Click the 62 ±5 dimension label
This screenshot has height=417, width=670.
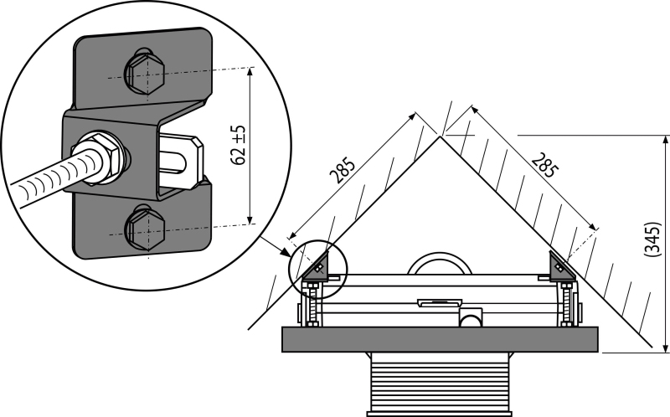(239, 145)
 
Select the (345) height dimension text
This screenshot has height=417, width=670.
(652, 239)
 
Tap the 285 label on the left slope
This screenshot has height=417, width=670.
(343, 170)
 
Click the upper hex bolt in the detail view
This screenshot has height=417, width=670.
(145, 74)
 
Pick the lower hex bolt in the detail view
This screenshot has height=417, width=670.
(145, 228)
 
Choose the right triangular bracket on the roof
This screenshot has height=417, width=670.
(562, 269)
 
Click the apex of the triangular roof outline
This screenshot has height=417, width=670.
(439, 136)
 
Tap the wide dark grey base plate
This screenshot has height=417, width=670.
(440, 340)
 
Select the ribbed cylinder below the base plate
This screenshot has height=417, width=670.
(440, 384)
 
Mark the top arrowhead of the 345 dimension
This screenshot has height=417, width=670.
(665, 141)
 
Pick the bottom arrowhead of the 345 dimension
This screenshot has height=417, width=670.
(665, 347)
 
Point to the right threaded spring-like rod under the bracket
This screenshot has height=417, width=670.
(567, 304)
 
